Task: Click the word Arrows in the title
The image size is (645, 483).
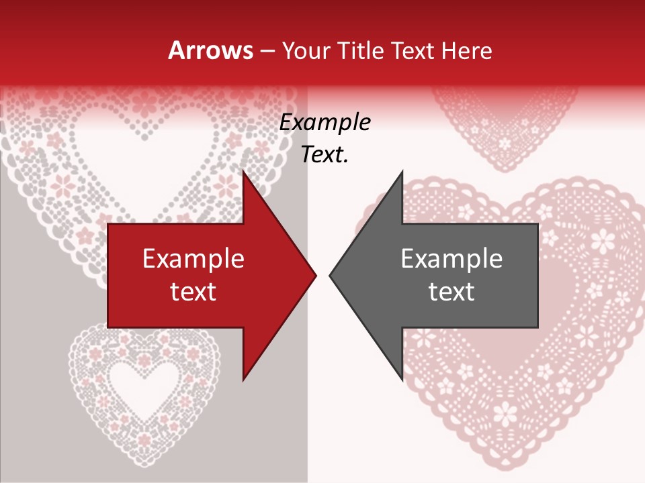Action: [210, 50]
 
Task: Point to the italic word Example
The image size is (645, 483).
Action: [325, 122]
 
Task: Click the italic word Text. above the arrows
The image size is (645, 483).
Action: [325, 154]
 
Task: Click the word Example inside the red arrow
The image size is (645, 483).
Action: [193, 258]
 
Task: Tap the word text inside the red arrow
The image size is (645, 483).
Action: [193, 291]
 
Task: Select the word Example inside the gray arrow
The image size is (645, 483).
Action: [451, 258]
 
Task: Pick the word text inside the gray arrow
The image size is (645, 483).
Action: [451, 291]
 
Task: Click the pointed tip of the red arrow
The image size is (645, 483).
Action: [316, 275]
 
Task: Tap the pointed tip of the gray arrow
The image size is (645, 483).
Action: [330, 275]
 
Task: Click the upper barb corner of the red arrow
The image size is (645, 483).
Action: [243, 172]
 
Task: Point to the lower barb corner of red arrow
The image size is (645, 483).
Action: [243, 379]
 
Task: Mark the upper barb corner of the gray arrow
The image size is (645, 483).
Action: [402, 172]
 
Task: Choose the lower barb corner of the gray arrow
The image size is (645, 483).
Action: [402, 379]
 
